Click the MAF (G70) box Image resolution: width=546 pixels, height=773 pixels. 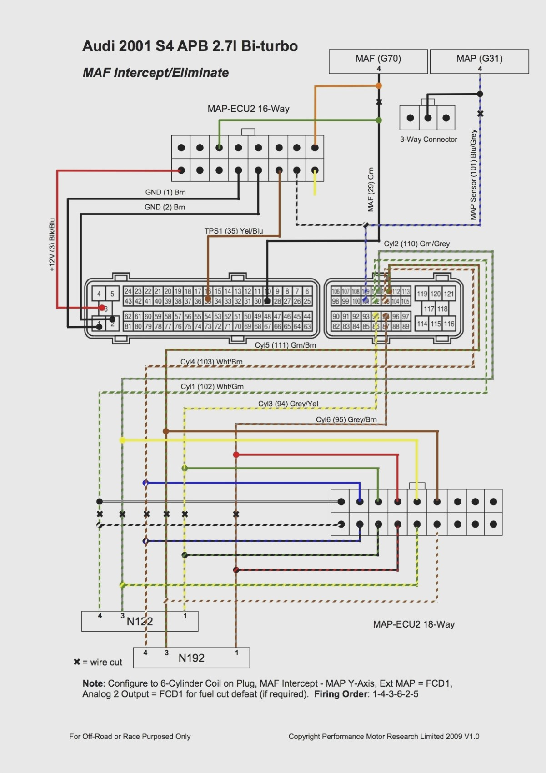tap(378, 61)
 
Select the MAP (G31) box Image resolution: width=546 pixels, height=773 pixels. tap(479, 61)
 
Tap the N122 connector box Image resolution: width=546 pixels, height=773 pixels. tap(140, 621)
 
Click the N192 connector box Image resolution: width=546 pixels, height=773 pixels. tap(191, 658)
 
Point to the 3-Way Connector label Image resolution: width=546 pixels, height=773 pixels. tap(428, 140)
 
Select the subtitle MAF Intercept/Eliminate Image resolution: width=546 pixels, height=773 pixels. tap(155, 73)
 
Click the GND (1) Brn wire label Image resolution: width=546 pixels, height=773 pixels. tap(165, 192)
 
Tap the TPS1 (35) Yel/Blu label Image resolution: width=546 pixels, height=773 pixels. tap(234, 231)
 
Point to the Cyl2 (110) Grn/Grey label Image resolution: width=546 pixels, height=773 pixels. tap(416, 244)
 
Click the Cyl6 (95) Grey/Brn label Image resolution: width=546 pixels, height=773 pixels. tap(346, 419)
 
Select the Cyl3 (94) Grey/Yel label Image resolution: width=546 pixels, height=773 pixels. tap(288, 404)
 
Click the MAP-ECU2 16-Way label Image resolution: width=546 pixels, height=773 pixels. tap(248, 109)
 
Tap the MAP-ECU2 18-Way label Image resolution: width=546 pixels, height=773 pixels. tap(413, 624)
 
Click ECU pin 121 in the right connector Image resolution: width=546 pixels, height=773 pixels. tap(449, 294)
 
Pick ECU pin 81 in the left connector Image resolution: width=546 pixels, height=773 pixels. tap(128, 326)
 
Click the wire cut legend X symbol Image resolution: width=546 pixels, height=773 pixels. tap(77, 662)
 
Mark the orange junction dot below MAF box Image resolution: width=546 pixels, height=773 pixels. tap(379, 85)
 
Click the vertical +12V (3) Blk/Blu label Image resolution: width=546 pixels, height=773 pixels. tap(52, 244)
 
